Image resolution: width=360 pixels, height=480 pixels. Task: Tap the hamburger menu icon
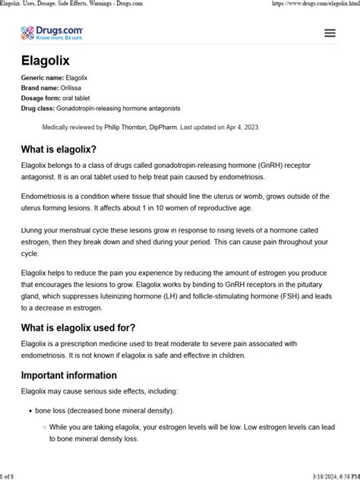point(330,33)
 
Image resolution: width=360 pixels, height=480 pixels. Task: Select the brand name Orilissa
point(76,89)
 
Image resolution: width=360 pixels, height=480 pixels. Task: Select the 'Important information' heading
point(68,374)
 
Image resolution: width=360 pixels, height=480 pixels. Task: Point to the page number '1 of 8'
point(11,475)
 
